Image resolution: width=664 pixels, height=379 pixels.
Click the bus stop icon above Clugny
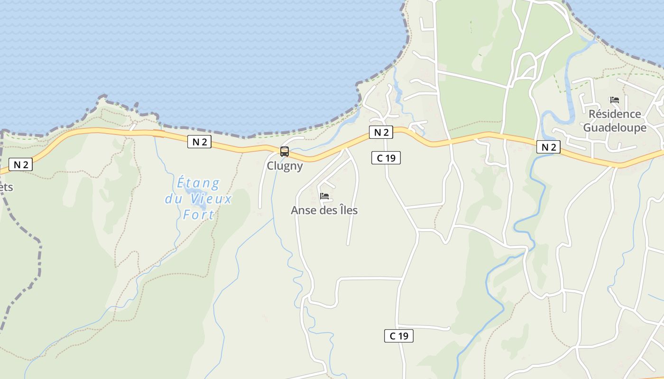pyautogui.click(x=285, y=152)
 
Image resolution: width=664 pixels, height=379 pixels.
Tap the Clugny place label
pyautogui.click(x=285, y=166)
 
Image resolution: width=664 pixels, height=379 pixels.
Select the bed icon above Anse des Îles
pyautogui.click(x=324, y=196)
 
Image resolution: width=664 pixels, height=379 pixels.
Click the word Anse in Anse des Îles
pyautogui.click(x=303, y=210)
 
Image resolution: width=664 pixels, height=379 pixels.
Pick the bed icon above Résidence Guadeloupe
pyautogui.click(x=615, y=100)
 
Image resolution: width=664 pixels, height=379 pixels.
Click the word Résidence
pyautogui.click(x=615, y=114)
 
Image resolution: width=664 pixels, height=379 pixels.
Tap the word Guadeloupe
pyautogui.click(x=615, y=128)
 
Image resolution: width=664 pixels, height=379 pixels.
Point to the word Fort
pyautogui.click(x=198, y=215)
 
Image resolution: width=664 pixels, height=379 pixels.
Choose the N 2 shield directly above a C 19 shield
pyautogui.click(x=381, y=133)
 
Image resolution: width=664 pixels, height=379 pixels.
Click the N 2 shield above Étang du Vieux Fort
pyautogui.click(x=199, y=142)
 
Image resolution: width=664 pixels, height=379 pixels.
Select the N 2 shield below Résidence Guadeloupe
pyautogui.click(x=548, y=147)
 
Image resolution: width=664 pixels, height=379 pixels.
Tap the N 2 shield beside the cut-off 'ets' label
pyautogui.click(x=20, y=165)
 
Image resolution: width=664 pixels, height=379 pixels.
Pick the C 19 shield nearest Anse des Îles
pyautogui.click(x=386, y=158)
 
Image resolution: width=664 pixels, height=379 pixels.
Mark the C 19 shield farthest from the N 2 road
pyautogui.click(x=398, y=336)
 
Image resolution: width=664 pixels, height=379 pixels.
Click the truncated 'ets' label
pyautogui.click(x=6, y=187)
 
